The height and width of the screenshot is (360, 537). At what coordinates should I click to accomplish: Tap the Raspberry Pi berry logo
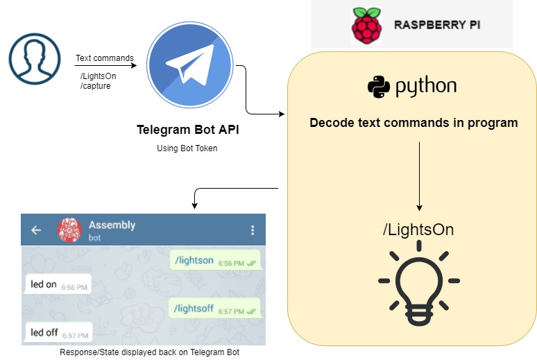[x=366, y=26]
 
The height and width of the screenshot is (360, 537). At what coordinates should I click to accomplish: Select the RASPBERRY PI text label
[x=437, y=25]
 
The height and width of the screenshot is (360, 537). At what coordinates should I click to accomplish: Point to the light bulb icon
[x=418, y=284]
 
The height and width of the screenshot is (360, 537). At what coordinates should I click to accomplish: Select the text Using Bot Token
[x=187, y=148]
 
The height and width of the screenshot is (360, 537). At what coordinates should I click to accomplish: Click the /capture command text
[x=96, y=86]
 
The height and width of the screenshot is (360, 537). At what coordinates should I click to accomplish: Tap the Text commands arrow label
[x=104, y=59]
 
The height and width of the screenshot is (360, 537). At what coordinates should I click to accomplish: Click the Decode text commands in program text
[x=414, y=123]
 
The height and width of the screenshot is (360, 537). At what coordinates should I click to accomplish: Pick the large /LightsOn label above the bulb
[x=418, y=230]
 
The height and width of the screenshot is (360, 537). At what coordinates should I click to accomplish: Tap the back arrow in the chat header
[x=37, y=230]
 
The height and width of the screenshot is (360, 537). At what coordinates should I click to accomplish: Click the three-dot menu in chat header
[x=253, y=230]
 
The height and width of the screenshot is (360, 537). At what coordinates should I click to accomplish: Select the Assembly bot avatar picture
[x=69, y=230]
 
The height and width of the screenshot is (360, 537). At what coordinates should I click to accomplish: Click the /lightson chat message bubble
[x=214, y=261]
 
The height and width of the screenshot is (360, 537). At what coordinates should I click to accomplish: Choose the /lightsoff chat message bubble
[x=214, y=309]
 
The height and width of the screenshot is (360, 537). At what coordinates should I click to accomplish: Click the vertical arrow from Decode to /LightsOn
[x=419, y=176]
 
